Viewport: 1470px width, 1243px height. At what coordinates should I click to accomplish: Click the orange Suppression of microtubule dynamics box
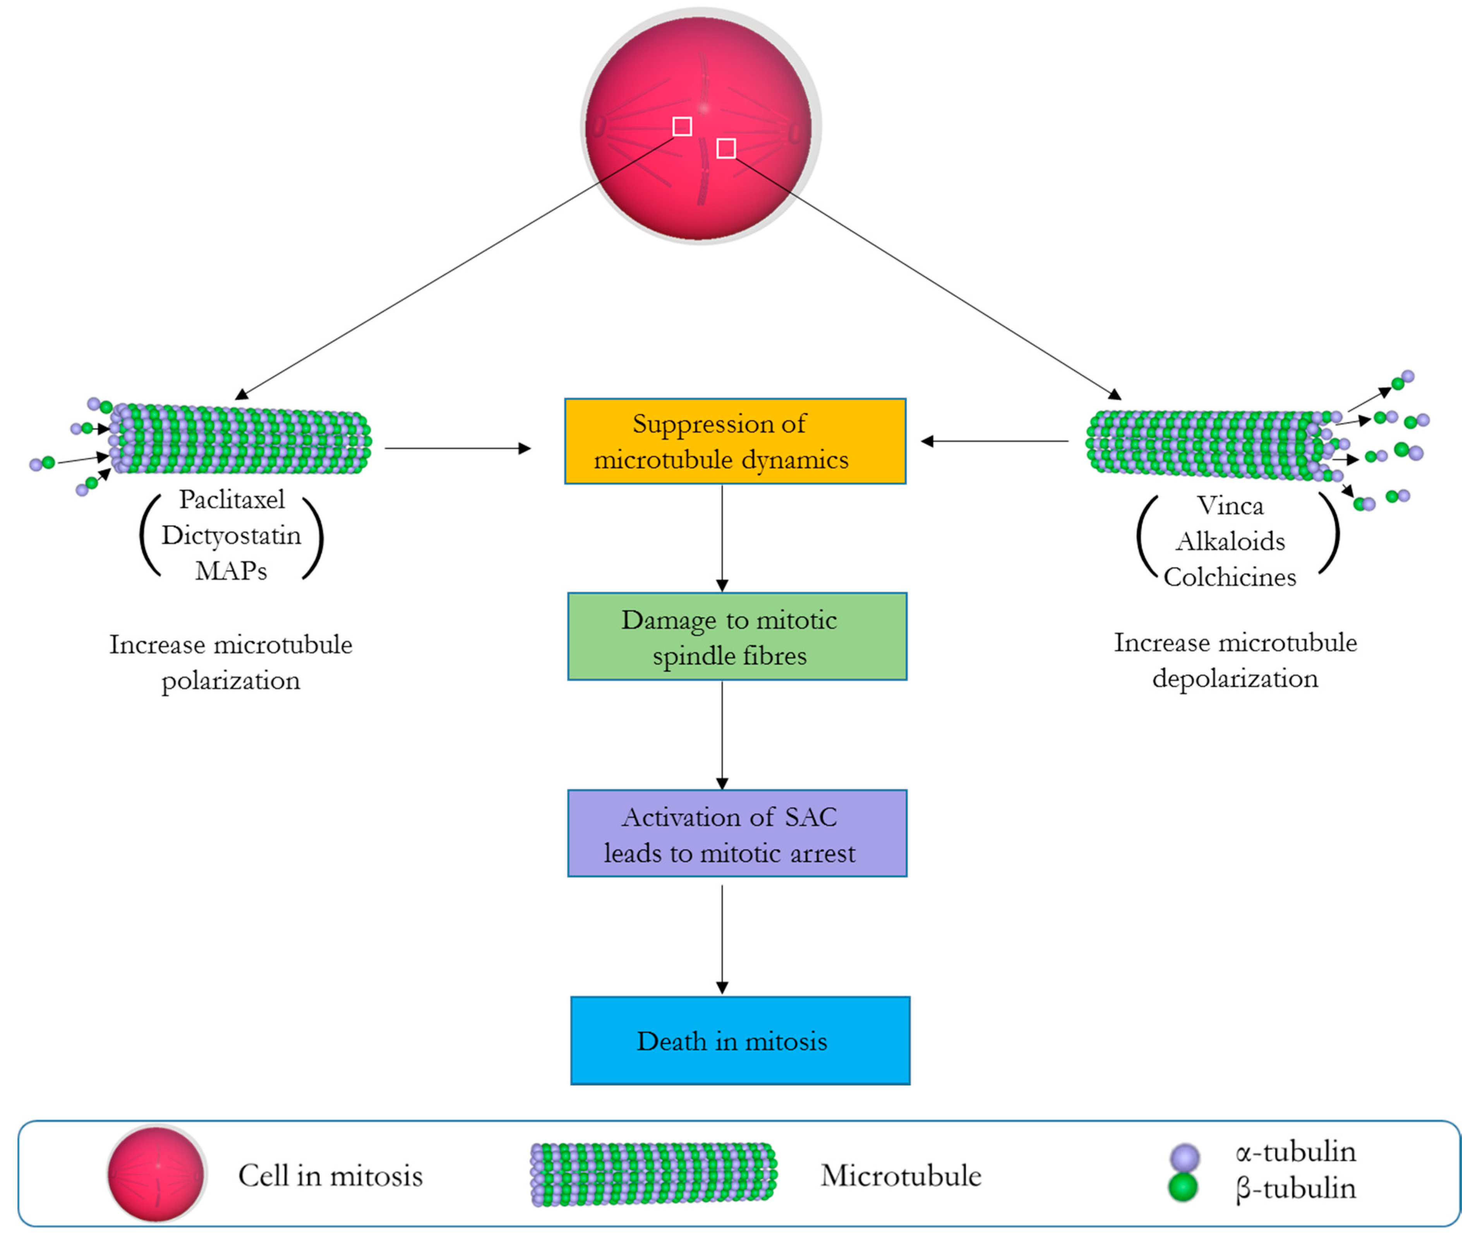(735, 441)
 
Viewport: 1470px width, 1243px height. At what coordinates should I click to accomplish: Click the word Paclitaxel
(232, 500)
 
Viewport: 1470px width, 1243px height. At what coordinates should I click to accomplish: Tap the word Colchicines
(1230, 577)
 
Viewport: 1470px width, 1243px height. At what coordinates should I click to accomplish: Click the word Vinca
(1230, 506)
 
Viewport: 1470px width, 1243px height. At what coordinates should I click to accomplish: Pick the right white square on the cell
(726, 148)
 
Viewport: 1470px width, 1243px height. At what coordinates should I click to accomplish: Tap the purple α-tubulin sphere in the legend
(1184, 1157)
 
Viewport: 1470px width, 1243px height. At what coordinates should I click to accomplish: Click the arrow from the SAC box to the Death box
(722, 937)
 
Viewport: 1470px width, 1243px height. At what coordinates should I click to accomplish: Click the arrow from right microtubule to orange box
(995, 441)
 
